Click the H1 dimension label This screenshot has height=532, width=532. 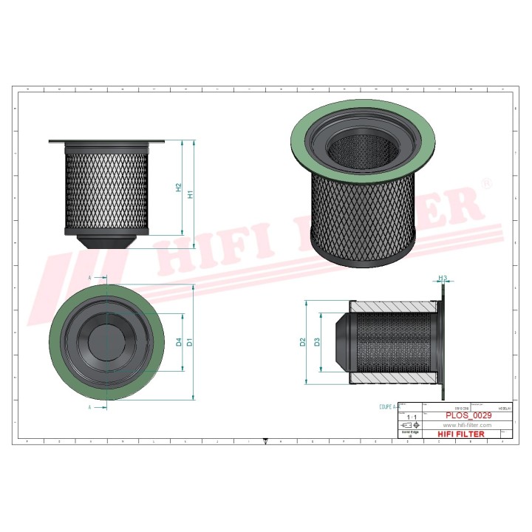[x=191, y=194]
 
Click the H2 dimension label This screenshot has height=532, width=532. [x=179, y=188]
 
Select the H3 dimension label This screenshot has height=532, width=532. [x=443, y=279]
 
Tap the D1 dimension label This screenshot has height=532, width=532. [x=190, y=342]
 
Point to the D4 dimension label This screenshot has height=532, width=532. [x=179, y=342]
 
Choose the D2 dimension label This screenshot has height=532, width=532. [x=304, y=342]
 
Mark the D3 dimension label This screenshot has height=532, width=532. [x=317, y=342]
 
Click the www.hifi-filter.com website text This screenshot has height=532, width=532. [x=466, y=426]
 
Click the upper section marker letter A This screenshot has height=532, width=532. [x=89, y=277]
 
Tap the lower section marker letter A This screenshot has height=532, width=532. [x=89, y=406]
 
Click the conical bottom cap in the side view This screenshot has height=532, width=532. [x=108, y=242]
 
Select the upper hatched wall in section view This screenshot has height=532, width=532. [x=392, y=306]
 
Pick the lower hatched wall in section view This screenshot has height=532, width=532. [x=392, y=379]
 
